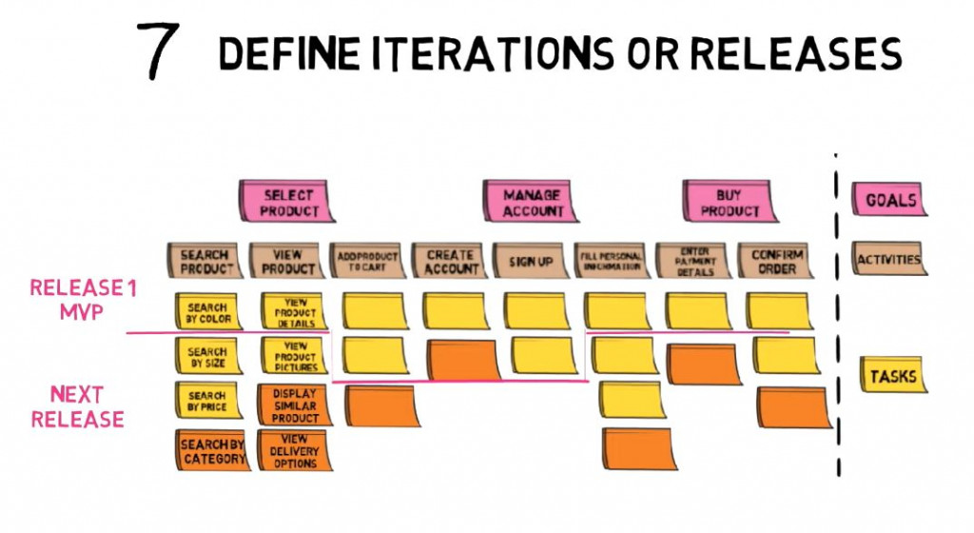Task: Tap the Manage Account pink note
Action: pyautogui.click(x=532, y=202)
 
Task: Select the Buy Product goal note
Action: pyautogui.click(x=729, y=202)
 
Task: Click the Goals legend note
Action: pyautogui.click(x=889, y=201)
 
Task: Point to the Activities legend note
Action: pyautogui.click(x=889, y=259)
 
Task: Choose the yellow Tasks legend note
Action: pyautogui.click(x=891, y=376)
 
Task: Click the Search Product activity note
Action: pyautogui.click(x=205, y=261)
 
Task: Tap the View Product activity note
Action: pyautogui.click(x=286, y=261)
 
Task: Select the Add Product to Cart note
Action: pyautogui.click(x=367, y=261)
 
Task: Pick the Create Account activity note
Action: pyautogui.click(x=449, y=261)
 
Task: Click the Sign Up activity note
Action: pyautogui.click(x=530, y=261)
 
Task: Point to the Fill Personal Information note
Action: pyautogui.click(x=611, y=261)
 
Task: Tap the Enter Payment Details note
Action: pyautogui.click(x=692, y=261)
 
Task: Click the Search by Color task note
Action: pyautogui.click(x=206, y=312)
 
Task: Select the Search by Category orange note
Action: pyautogui.click(x=212, y=451)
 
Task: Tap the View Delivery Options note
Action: pyautogui.click(x=295, y=451)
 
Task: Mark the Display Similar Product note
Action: pyautogui.click(x=294, y=405)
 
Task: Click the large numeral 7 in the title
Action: pyautogui.click(x=158, y=49)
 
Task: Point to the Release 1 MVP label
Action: pyautogui.click(x=83, y=300)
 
